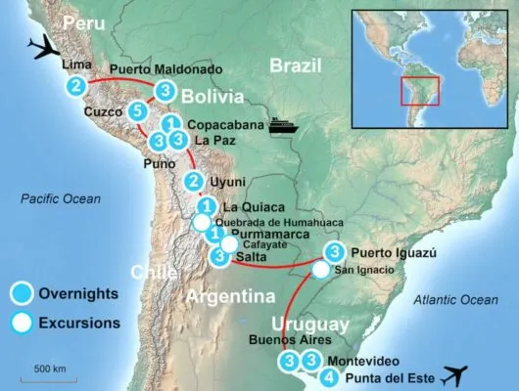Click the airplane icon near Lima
point(44,46)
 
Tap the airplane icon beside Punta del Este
point(457,374)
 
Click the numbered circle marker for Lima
point(75,87)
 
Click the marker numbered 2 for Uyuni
point(194,182)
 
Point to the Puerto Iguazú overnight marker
point(333,251)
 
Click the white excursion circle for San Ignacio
point(321,270)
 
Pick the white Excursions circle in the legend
point(23,321)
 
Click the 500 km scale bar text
point(49,368)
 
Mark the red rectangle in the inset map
point(418,90)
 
